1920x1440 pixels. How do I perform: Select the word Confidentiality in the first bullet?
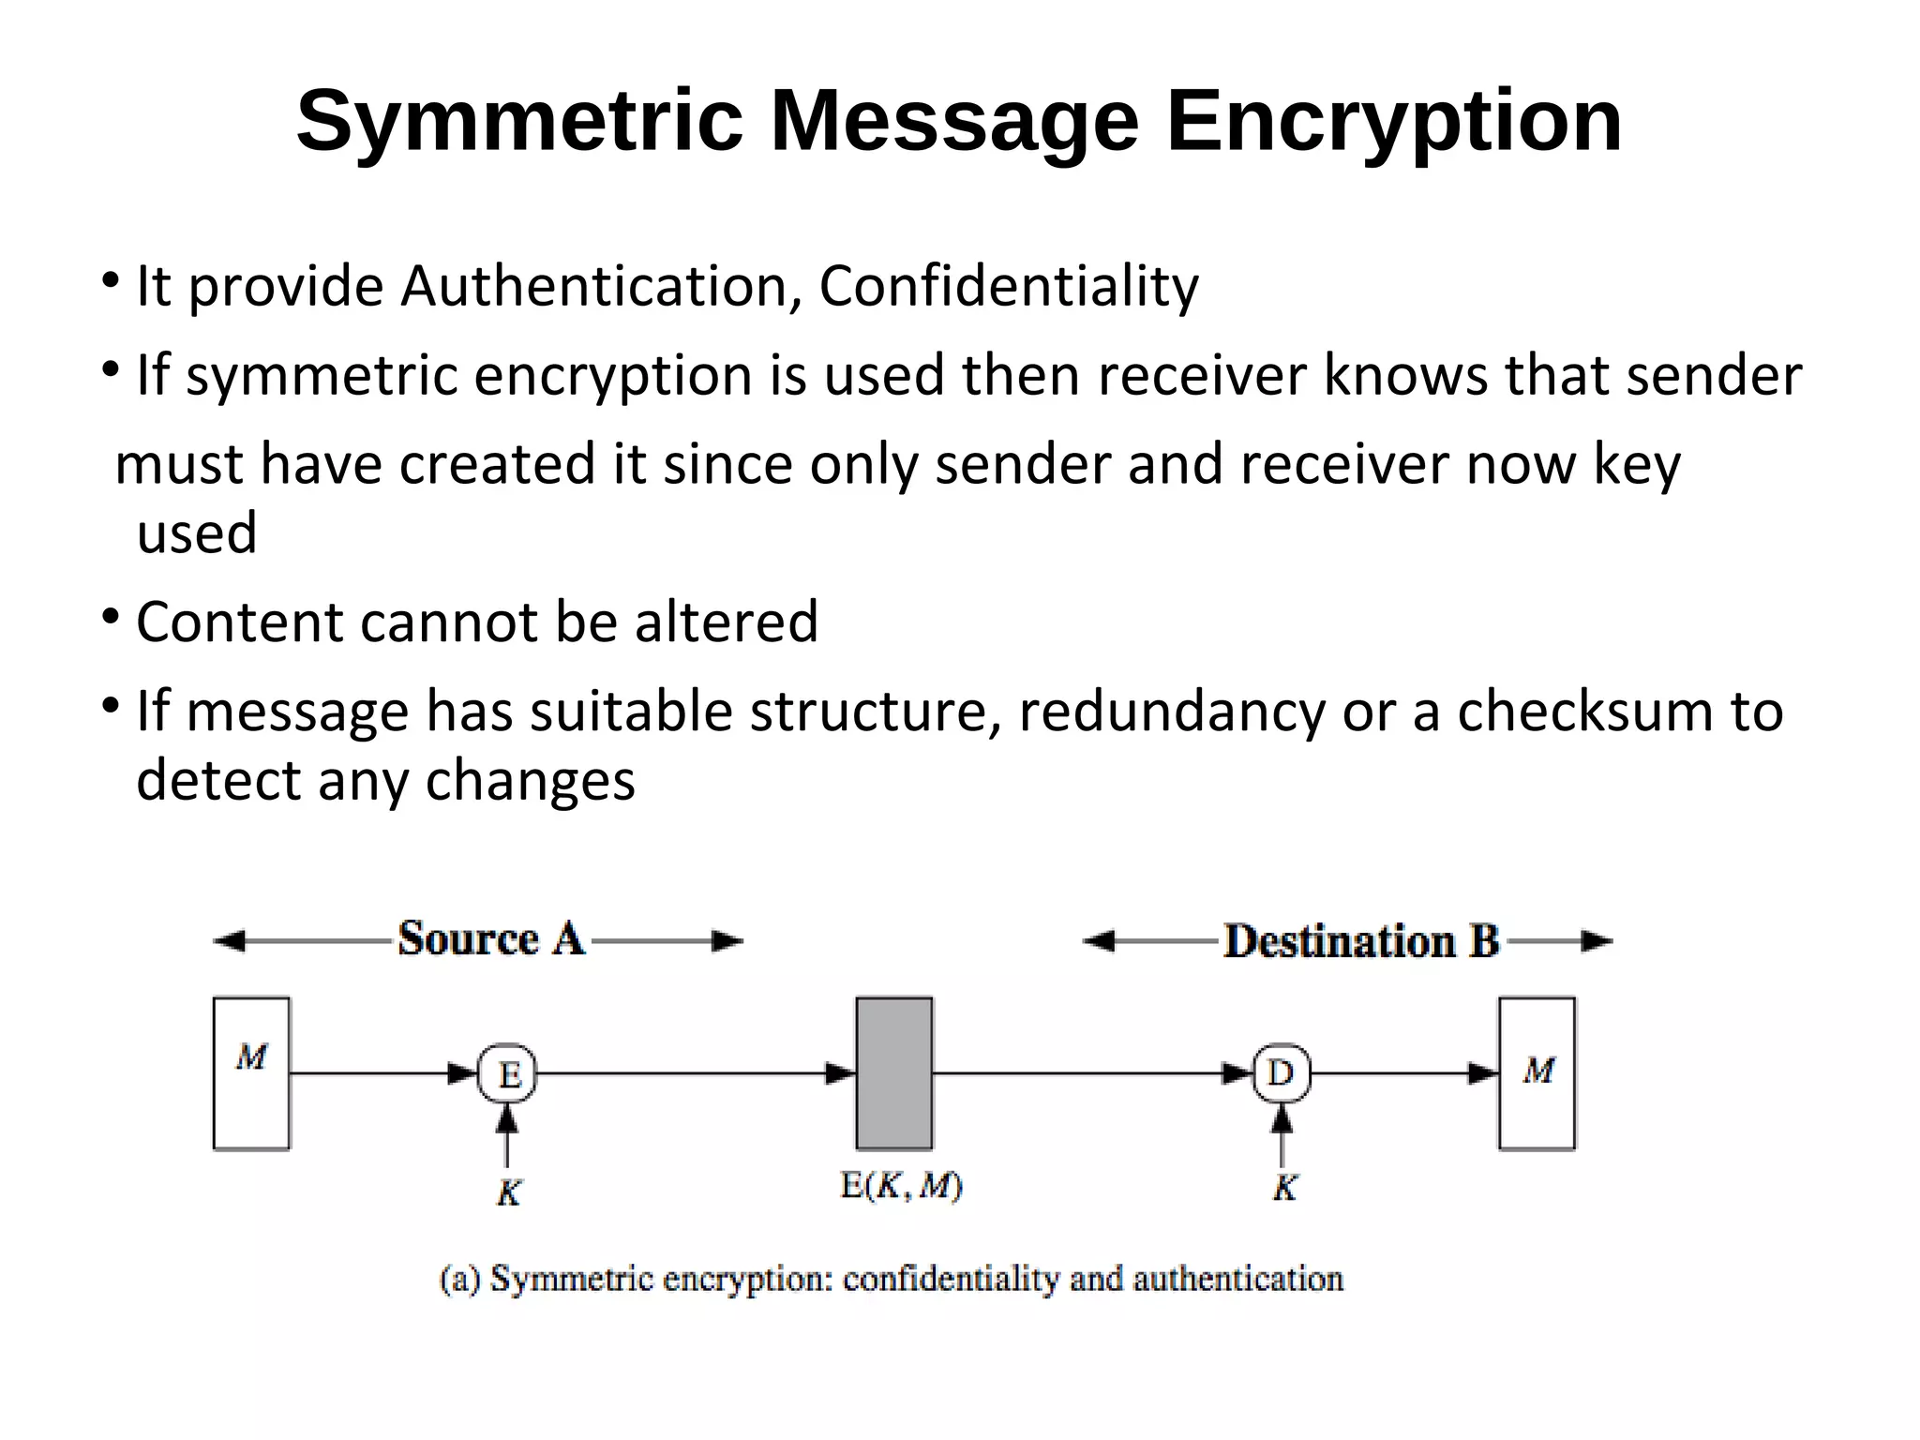tap(1008, 286)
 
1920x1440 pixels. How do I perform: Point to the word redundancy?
tap(1171, 711)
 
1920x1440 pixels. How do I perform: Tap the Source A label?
tap(491, 938)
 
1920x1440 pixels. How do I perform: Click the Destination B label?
tap(1361, 941)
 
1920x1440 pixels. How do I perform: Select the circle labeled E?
tap(507, 1072)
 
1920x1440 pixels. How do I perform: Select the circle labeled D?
tap(1281, 1072)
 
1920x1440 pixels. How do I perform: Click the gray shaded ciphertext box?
tap(893, 1072)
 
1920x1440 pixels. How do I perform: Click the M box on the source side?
tap(251, 1072)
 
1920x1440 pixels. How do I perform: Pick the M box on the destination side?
tap(1537, 1072)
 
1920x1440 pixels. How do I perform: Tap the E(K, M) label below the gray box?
tap(901, 1187)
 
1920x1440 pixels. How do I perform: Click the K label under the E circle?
tap(508, 1192)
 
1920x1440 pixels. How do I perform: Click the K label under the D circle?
tap(1283, 1189)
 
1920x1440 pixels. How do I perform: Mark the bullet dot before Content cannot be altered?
tap(111, 617)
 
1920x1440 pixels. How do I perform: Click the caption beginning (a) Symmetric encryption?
tap(892, 1279)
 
